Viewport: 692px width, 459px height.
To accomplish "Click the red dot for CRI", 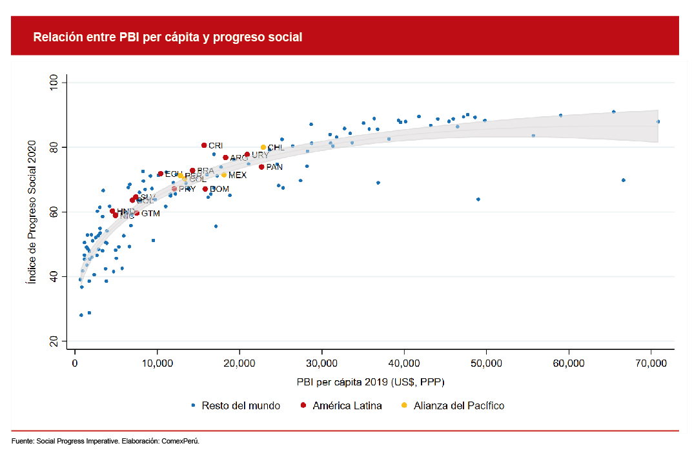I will [x=204, y=145].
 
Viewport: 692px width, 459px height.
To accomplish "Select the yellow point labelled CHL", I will [x=263, y=147].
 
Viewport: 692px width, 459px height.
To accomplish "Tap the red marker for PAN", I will [x=261, y=167].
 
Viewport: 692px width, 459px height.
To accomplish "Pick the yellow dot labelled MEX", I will [x=224, y=175].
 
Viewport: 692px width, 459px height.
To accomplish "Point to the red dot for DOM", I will [x=205, y=189].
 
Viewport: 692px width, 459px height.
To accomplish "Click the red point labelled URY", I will [x=247, y=155].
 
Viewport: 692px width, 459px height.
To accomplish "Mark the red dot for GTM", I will [x=136, y=213].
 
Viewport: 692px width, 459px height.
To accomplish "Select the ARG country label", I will [x=239, y=158].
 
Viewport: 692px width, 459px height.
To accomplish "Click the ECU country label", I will [x=174, y=174].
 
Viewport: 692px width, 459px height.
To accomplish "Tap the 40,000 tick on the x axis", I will [x=404, y=363].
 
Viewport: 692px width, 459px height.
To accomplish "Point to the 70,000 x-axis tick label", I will [x=651, y=363].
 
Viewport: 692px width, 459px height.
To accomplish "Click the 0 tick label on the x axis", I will [x=75, y=363].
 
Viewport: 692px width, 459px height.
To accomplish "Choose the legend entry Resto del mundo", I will [x=240, y=405].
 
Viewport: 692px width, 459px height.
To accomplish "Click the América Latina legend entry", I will [x=347, y=405].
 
